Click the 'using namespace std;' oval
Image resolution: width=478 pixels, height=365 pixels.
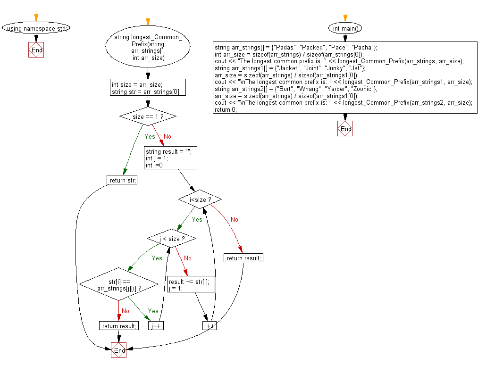(x=36, y=28)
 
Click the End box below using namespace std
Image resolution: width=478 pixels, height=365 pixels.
(x=36, y=50)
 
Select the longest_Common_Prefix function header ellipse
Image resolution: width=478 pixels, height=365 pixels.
(x=148, y=47)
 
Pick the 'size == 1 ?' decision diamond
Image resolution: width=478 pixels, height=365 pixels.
(x=148, y=116)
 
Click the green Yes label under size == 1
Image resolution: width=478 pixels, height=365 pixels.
(x=150, y=136)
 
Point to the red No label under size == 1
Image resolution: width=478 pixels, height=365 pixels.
(x=167, y=136)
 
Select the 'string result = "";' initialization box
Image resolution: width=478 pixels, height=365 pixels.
(x=170, y=158)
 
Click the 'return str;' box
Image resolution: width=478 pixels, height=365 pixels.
(x=122, y=180)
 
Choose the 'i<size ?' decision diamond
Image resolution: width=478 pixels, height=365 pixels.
(x=200, y=199)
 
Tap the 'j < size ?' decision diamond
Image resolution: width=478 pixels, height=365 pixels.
(x=171, y=239)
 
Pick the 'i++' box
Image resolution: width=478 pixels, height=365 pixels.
(x=210, y=325)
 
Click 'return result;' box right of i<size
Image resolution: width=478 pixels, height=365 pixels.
(x=243, y=258)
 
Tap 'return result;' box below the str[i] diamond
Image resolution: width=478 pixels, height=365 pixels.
(x=119, y=325)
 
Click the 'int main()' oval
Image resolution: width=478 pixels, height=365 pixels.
(x=345, y=28)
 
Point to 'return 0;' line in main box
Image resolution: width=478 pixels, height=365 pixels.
(x=226, y=109)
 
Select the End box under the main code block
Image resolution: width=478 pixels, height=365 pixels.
(x=345, y=129)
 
